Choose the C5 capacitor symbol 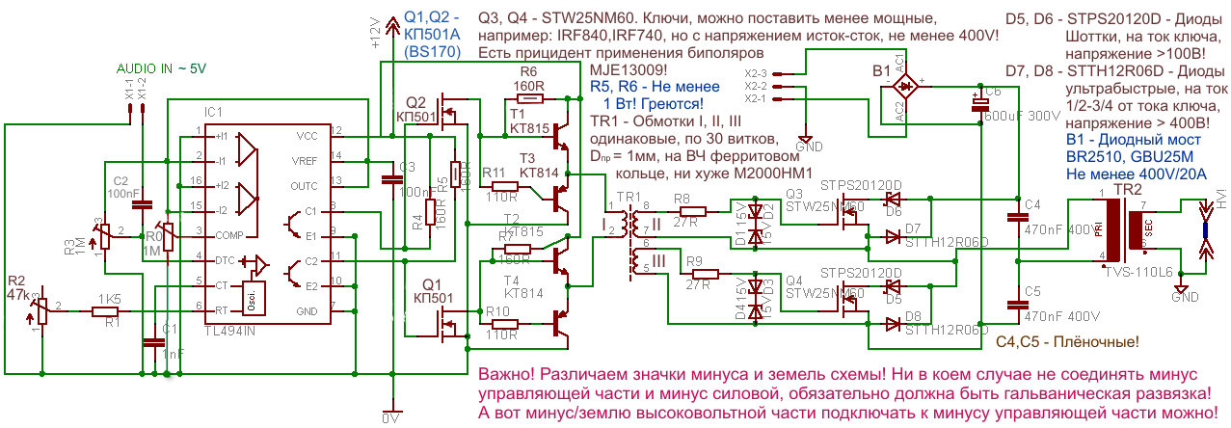coord(1017,303)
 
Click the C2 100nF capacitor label coord(122,187)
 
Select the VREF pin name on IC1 coord(306,159)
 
